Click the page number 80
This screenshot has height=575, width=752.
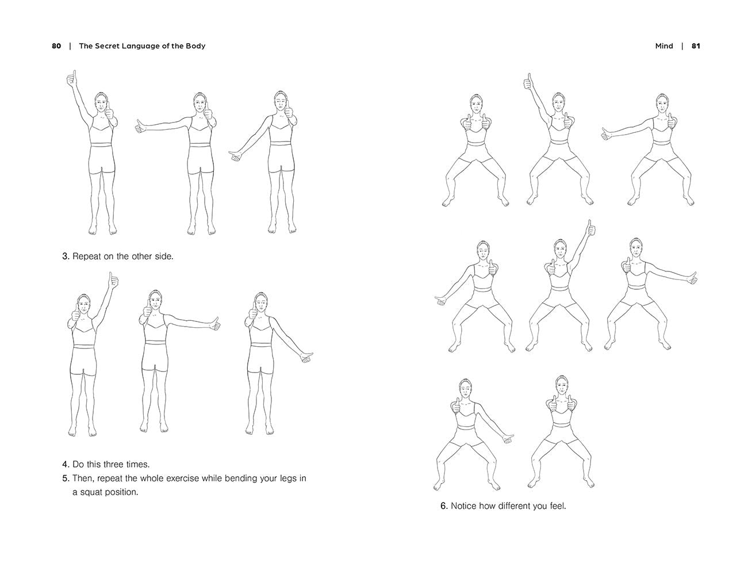56,46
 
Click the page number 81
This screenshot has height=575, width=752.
696,46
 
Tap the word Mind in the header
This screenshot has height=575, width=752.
664,46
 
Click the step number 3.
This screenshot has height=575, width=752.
66,256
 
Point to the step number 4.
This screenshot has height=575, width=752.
66,465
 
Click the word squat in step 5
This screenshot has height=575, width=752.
91,492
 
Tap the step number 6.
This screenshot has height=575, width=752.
444,506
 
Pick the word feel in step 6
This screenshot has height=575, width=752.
558,506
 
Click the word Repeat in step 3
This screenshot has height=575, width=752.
88,256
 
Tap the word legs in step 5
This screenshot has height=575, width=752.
288,478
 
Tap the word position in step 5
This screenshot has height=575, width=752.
121,492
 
